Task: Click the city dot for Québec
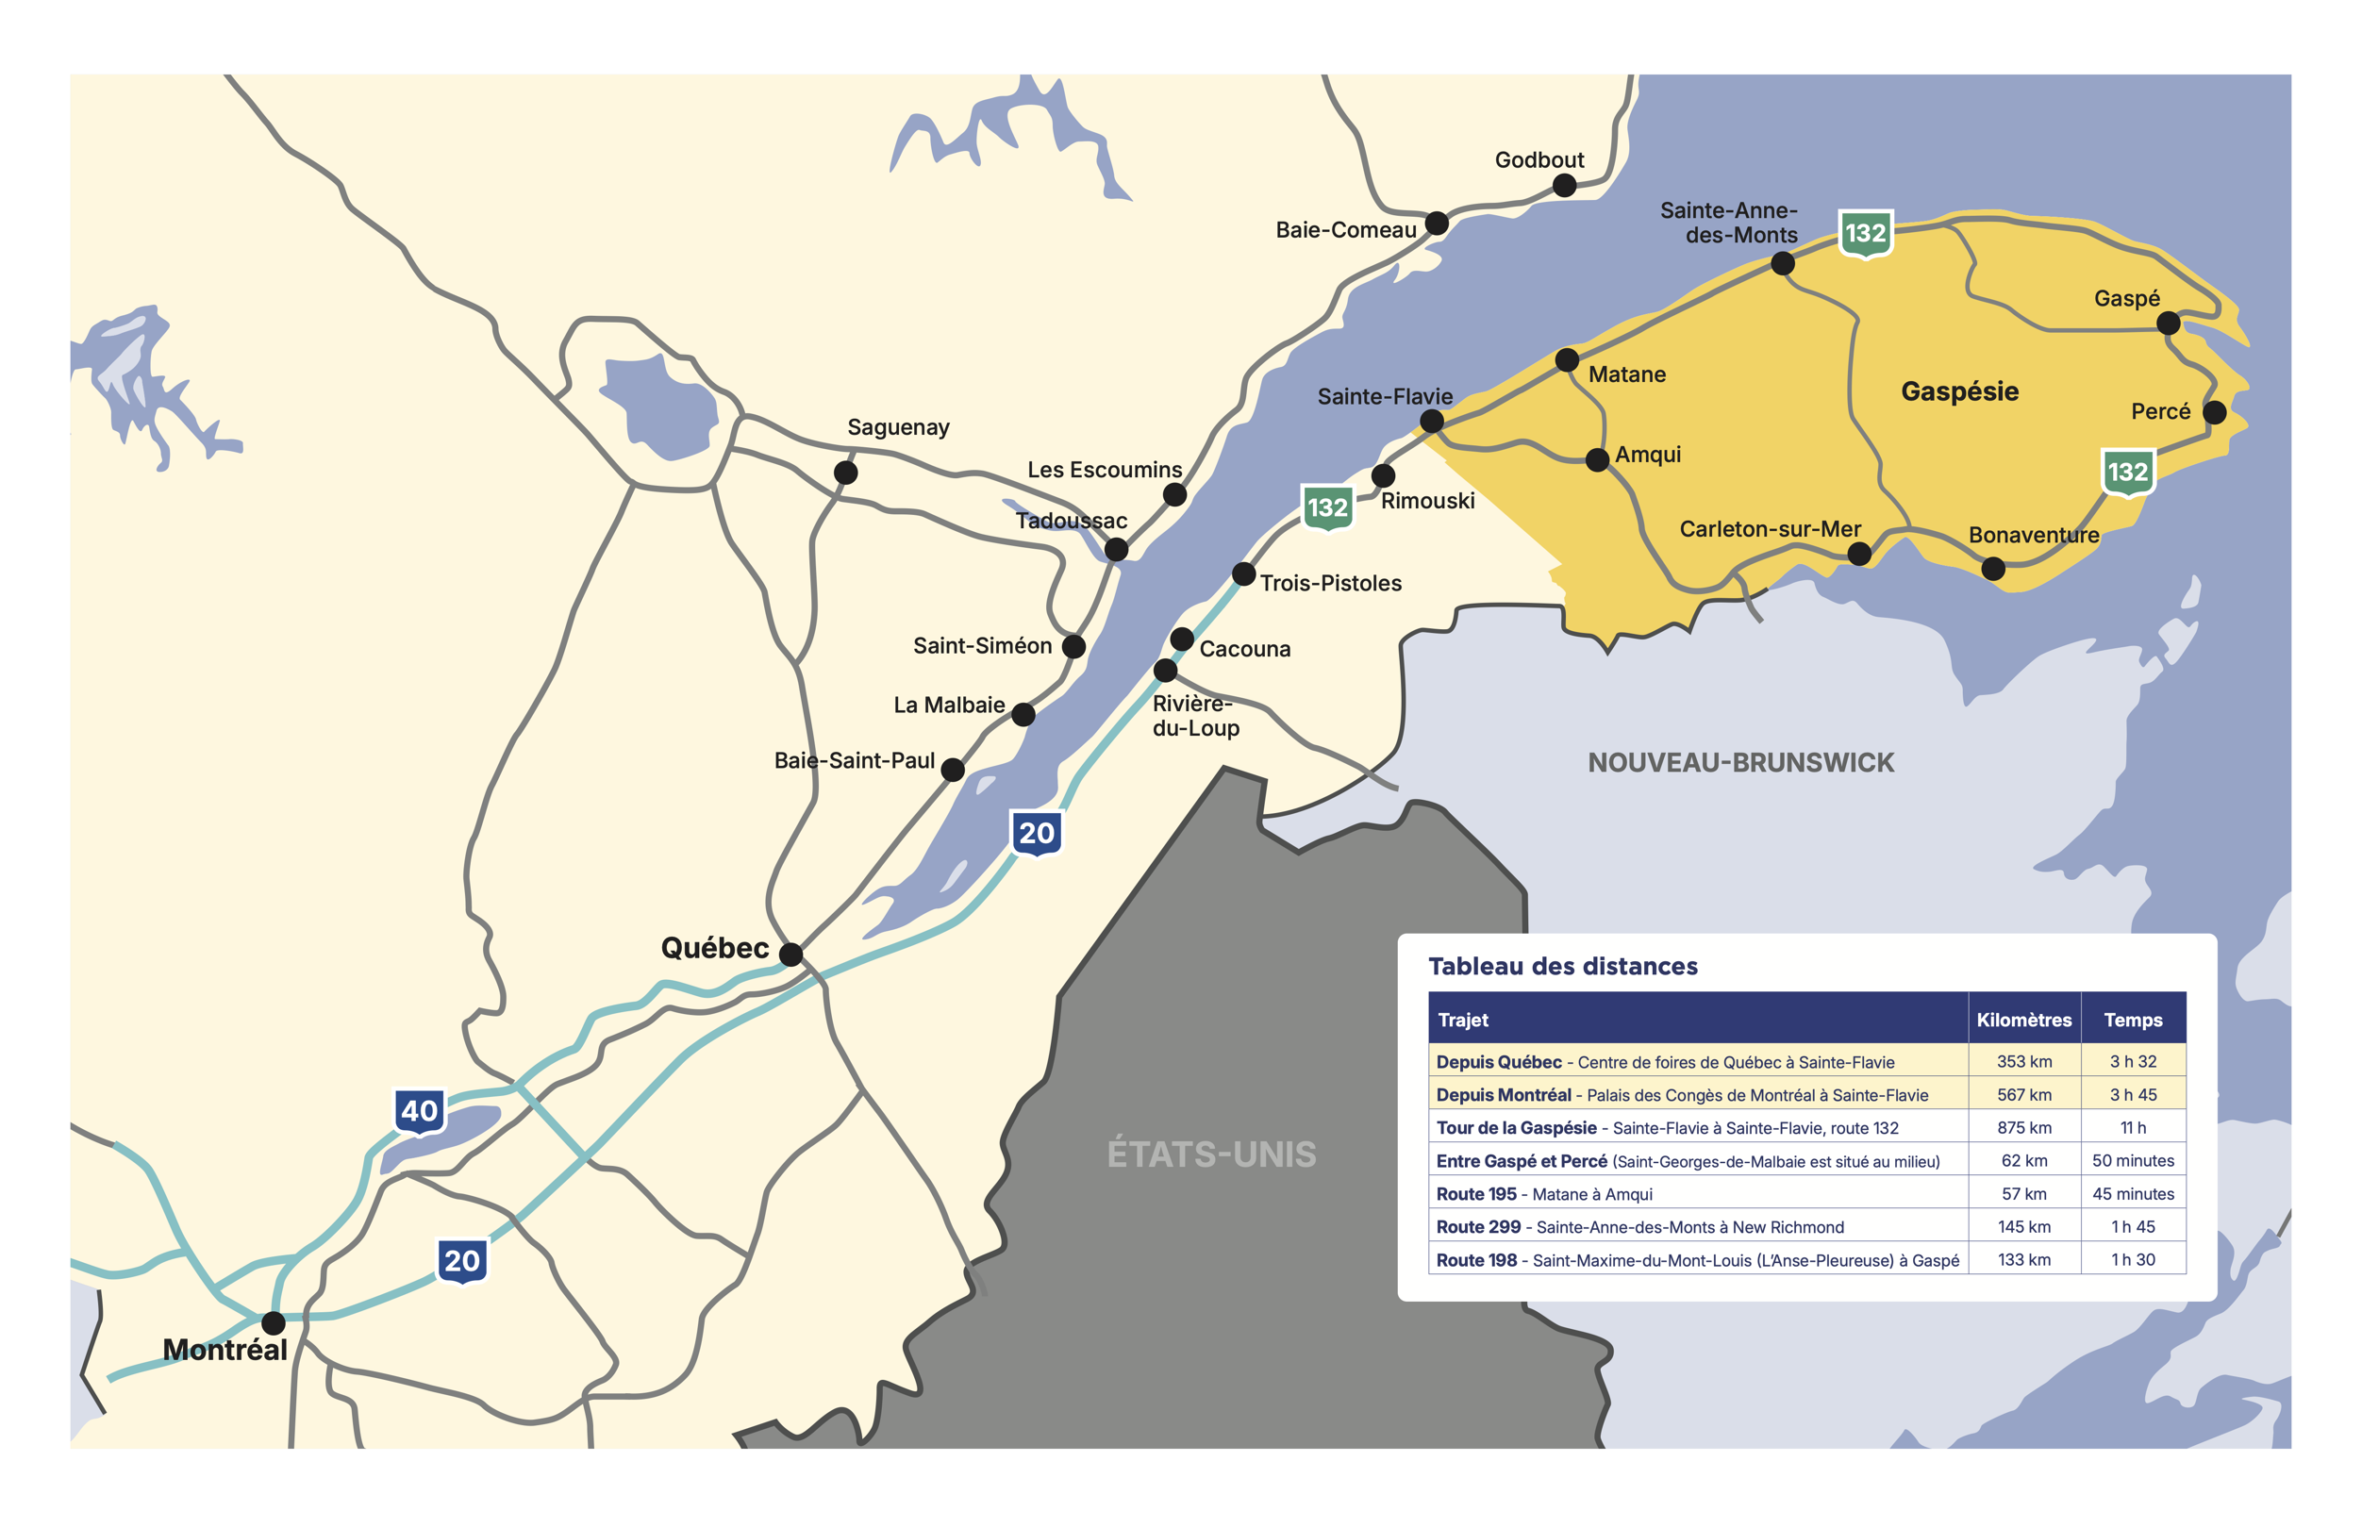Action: coord(790,955)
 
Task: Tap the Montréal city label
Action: coord(225,1351)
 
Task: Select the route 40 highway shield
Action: coord(420,1111)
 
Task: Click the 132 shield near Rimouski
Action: coord(1327,508)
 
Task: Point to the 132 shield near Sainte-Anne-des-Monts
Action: coord(1865,234)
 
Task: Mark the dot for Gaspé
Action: coord(2169,324)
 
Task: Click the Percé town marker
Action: coord(2214,413)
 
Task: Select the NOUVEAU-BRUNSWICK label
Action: coord(1740,763)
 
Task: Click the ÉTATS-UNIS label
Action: coord(1211,1154)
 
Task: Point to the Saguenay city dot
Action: coord(845,473)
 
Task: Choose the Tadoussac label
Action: coord(1071,521)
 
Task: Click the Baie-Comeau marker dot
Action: coord(1437,224)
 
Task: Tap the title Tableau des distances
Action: coord(1562,967)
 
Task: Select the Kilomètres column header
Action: coord(2023,1020)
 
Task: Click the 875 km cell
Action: coord(2023,1128)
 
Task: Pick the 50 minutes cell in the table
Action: coord(2133,1161)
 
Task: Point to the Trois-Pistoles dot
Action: coord(1244,574)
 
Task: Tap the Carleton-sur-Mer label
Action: coord(1770,530)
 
